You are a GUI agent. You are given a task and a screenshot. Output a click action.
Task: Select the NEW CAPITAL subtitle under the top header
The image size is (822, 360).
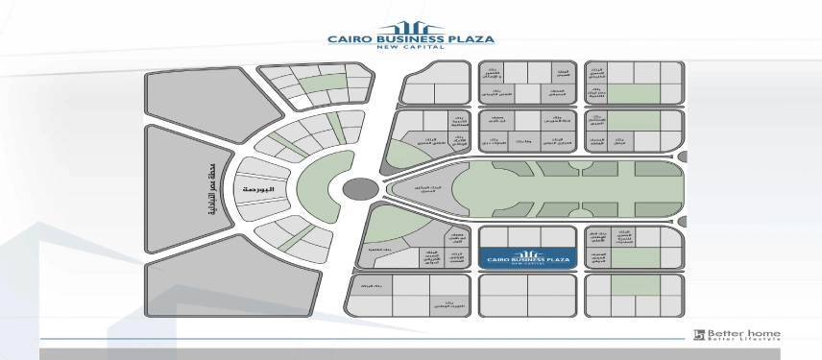pos(411,51)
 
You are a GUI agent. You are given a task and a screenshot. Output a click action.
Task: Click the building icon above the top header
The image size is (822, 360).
pos(410,27)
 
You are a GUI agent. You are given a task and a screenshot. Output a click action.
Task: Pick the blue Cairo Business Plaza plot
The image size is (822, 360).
pos(527,259)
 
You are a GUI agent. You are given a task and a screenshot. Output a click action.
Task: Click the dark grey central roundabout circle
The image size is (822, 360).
pos(360,189)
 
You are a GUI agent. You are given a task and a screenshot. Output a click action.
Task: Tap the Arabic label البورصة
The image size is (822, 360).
pos(260,190)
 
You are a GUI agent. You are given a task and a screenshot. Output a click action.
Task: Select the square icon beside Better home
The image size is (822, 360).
pos(699,335)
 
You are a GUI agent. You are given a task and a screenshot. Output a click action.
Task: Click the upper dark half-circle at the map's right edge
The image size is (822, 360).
pos(682,156)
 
